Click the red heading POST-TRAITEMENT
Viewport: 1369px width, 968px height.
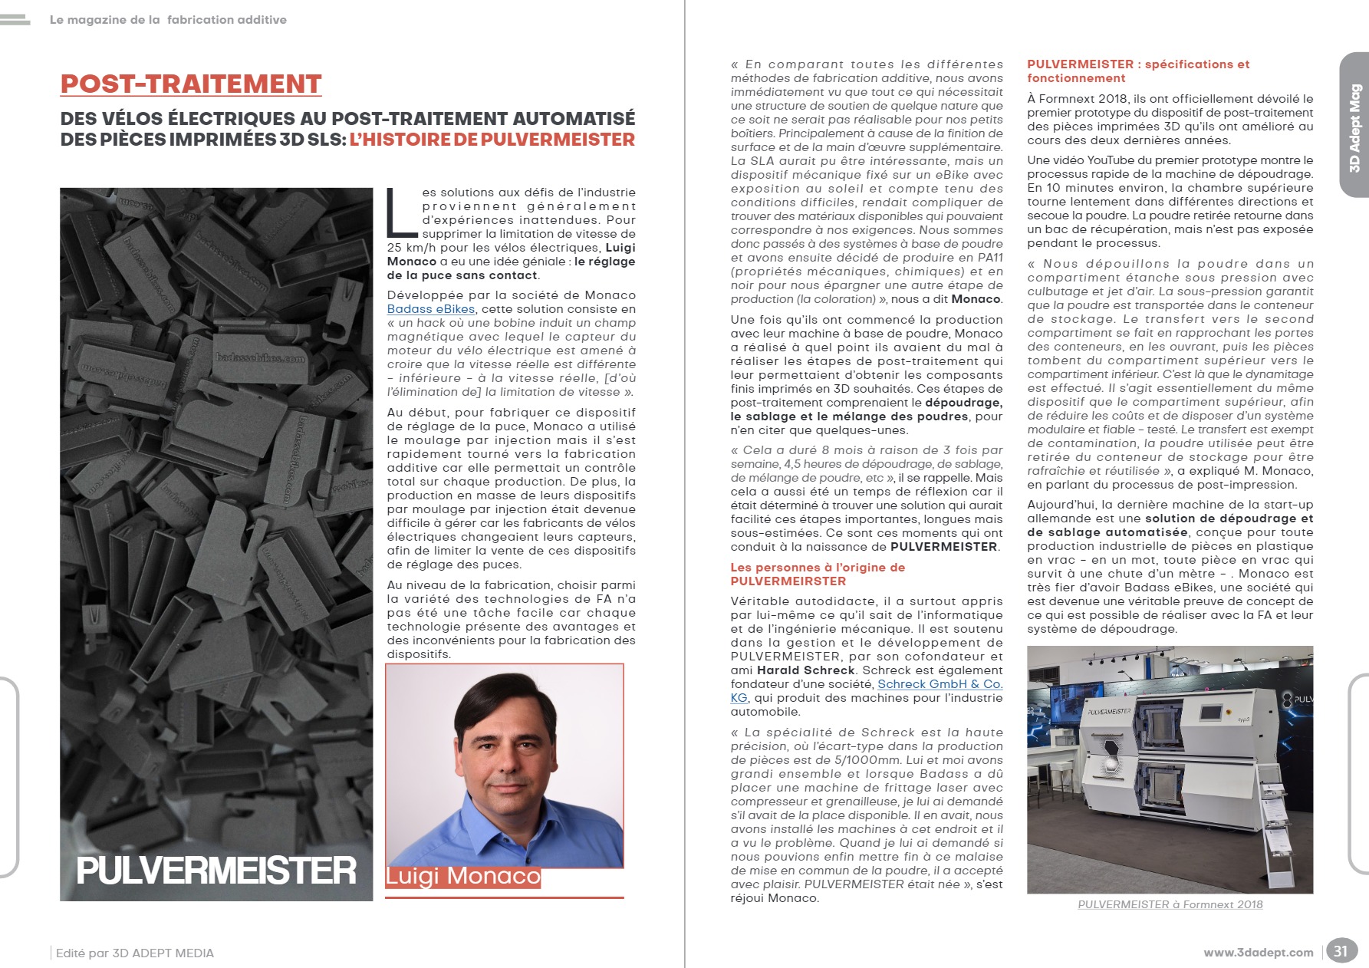(x=191, y=84)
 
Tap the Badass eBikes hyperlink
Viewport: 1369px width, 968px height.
(x=431, y=309)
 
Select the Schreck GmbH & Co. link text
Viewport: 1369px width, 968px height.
(x=940, y=684)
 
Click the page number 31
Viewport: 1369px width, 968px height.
(x=1340, y=951)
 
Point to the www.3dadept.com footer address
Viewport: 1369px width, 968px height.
(x=1258, y=953)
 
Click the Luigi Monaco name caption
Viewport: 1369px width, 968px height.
(x=462, y=876)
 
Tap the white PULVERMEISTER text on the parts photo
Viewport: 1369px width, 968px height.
(x=216, y=871)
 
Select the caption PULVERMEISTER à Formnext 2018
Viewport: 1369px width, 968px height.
(x=1170, y=904)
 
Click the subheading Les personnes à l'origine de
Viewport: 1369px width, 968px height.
(x=818, y=568)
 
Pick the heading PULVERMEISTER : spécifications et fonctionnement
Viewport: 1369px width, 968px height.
(x=1138, y=71)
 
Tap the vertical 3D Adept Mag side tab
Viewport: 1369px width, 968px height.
(x=1354, y=127)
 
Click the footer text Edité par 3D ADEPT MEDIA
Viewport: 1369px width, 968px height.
(x=135, y=953)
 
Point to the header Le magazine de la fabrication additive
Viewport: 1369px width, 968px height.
(x=168, y=20)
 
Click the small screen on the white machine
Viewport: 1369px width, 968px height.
(x=1210, y=711)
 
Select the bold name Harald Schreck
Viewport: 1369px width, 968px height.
(x=805, y=670)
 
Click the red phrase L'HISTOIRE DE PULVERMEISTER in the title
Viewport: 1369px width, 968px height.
(x=492, y=140)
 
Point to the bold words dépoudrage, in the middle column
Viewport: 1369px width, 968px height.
(x=963, y=403)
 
